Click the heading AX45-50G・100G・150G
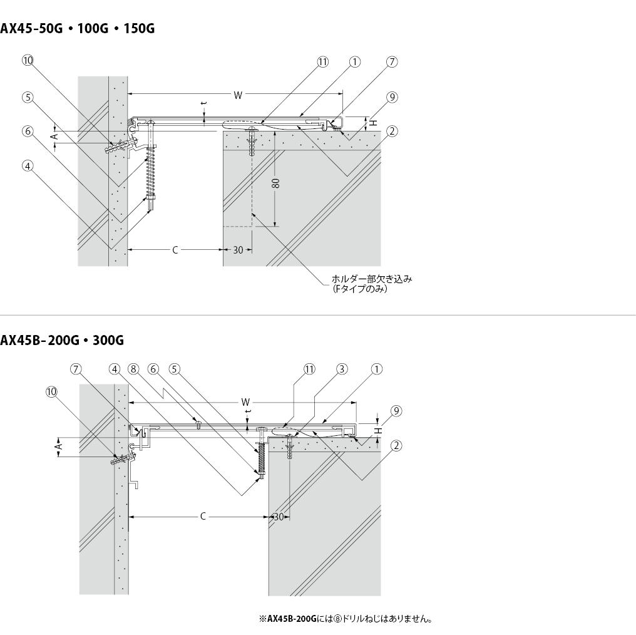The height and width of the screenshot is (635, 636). [78, 28]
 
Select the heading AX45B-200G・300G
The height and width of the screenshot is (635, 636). [62, 339]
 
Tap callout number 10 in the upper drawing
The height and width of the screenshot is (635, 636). [28, 61]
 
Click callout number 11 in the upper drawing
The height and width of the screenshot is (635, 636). [322, 61]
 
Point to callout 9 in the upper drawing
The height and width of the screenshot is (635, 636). [392, 97]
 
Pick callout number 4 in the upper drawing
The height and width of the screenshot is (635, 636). [28, 165]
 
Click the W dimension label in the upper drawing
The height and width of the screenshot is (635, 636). [238, 95]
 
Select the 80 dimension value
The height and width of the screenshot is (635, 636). [275, 183]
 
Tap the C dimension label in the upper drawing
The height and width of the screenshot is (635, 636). [175, 250]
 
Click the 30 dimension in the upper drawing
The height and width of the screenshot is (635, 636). [238, 250]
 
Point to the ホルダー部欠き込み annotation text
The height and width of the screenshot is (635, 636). [372, 279]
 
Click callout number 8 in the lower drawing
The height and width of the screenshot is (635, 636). [133, 369]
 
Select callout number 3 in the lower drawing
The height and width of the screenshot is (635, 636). [342, 369]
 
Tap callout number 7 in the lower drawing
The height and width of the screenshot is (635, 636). [76, 369]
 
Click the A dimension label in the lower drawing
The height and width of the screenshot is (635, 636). [59, 447]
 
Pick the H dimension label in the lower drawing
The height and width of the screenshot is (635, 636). [378, 430]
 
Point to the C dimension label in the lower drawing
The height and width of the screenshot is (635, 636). [203, 516]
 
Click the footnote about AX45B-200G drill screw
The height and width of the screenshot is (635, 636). [346, 619]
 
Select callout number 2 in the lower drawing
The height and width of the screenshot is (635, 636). [396, 445]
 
